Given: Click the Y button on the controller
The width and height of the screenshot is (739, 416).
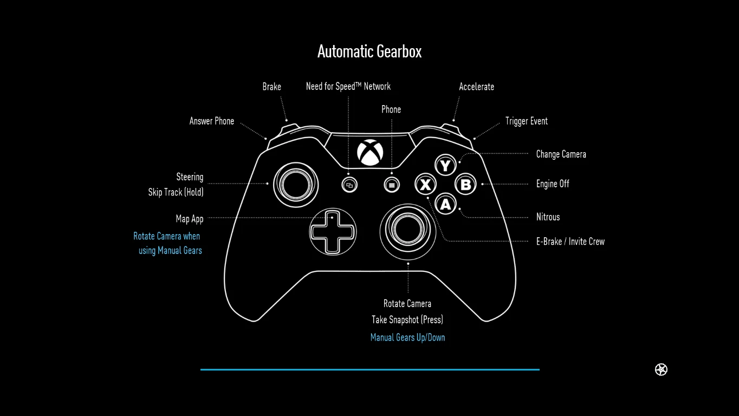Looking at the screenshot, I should pyautogui.click(x=445, y=165).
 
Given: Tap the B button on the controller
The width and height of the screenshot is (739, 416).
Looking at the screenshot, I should pyautogui.click(x=465, y=185).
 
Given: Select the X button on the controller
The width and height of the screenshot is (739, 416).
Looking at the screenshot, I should pyautogui.click(x=425, y=185).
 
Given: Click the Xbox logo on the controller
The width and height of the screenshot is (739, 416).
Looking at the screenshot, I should pyautogui.click(x=370, y=152).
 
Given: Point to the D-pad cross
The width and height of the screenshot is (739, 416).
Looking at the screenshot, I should pyautogui.click(x=333, y=232).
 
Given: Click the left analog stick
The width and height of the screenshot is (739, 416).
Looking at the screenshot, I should pyautogui.click(x=296, y=184).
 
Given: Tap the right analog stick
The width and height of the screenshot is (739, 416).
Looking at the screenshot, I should pyautogui.click(x=408, y=230).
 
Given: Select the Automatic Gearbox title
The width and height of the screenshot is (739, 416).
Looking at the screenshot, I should pyautogui.click(x=369, y=51).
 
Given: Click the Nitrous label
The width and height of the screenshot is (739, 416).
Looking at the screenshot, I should pyautogui.click(x=548, y=217).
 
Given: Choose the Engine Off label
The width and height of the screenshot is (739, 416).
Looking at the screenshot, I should pyautogui.click(x=553, y=184).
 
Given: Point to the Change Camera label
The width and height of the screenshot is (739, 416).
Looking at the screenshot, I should pyautogui.click(x=561, y=154).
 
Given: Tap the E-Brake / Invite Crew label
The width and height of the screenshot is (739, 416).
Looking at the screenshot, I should pyautogui.click(x=570, y=242).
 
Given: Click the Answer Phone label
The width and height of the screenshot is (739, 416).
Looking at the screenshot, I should pyautogui.click(x=212, y=121).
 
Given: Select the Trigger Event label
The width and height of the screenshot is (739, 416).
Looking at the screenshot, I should pyautogui.click(x=526, y=121).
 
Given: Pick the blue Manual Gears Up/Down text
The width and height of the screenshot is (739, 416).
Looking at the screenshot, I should pyautogui.click(x=407, y=337).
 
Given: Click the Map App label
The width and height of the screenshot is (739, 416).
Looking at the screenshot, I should pyautogui.click(x=190, y=219).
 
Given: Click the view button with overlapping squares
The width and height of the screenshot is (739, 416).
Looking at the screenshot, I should pyautogui.click(x=349, y=185).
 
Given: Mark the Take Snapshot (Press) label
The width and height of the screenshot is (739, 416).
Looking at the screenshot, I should pyautogui.click(x=407, y=320).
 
